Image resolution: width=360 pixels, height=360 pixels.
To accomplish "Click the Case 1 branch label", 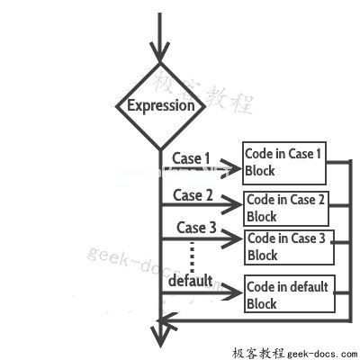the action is tap(191, 158).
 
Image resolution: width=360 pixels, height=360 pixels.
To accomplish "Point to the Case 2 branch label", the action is tap(193, 195).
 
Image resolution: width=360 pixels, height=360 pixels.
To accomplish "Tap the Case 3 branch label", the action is tap(196, 228).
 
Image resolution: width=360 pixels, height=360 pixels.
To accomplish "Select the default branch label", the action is tap(191, 281).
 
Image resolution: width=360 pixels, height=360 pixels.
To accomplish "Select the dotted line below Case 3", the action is tap(192, 257).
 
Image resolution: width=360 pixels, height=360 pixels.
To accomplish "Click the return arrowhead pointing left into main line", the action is tap(169, 321).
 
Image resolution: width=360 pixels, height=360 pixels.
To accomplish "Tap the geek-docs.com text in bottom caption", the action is tap(322, 354).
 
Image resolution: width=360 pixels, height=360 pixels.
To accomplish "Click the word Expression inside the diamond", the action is tap(161, 105).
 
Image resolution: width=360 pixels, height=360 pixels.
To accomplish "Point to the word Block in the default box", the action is tap(261, 303).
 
